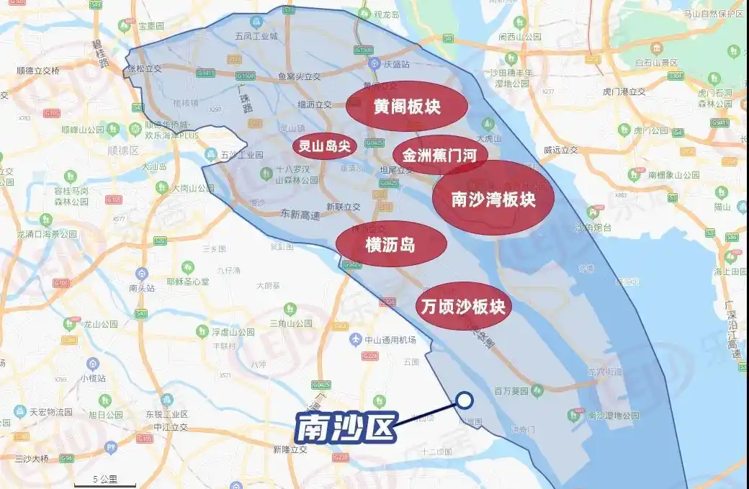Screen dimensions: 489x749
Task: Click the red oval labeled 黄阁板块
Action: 407,107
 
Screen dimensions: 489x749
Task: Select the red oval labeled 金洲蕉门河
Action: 440,155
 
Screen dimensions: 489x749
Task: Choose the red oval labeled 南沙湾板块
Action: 493,198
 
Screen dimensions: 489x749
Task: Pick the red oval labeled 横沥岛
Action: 391,244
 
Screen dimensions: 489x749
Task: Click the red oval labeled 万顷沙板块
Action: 462,306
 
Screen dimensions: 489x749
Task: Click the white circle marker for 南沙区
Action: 465,400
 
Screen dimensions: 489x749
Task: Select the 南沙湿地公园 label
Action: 613,416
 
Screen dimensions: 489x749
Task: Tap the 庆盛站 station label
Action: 395,64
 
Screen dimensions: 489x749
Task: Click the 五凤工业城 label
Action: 256,35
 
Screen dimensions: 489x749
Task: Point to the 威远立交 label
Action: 562,150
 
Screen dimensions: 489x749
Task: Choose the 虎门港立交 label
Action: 624,91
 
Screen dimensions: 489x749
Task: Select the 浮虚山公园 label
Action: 233,332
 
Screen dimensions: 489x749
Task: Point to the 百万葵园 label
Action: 511,390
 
